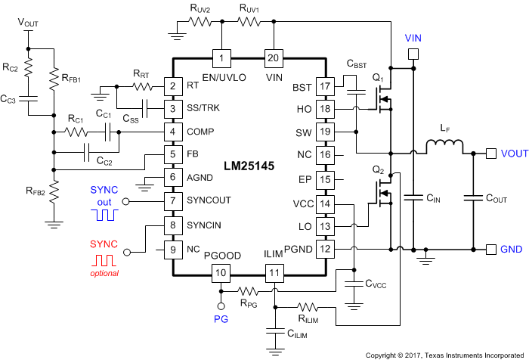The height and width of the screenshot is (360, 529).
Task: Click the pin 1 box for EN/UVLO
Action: click(221, 58)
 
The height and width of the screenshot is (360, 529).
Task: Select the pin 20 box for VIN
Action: click(273, 58)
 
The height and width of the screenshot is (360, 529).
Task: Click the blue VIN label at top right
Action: click(413, 37)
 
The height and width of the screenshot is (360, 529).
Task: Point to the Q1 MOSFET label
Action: click(378, 78)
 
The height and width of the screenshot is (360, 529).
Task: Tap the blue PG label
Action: click(221, 321)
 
